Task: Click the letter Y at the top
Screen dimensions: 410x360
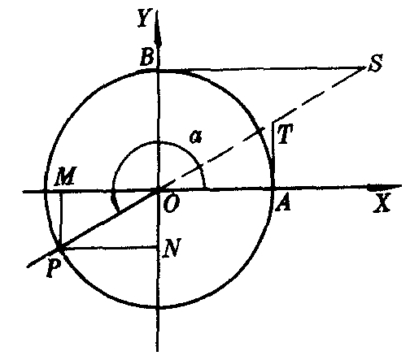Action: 143,19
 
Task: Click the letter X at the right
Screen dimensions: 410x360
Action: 382,202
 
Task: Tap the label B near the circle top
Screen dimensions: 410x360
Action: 147,58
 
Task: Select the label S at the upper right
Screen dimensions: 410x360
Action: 375,63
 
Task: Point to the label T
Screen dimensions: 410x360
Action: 285,135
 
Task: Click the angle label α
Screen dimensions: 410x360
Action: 196,137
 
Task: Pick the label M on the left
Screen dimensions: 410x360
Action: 65,176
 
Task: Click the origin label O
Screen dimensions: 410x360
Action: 172,204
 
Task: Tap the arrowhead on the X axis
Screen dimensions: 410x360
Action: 385,187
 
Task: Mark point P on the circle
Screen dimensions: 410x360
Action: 60,248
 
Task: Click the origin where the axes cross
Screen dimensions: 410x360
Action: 158,190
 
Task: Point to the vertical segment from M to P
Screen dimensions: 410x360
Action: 61,219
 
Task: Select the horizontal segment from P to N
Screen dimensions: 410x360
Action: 109,248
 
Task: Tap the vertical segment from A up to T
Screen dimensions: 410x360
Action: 273,154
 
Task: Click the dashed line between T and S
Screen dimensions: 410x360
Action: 318,95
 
